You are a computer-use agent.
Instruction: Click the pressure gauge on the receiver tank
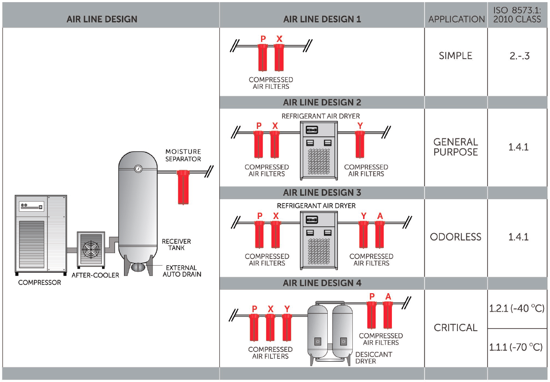pos(138,169)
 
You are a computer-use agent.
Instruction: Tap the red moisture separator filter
pos(183,187)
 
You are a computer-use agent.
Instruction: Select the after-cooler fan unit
pos(90,250)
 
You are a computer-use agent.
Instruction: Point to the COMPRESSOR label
pos(40,283)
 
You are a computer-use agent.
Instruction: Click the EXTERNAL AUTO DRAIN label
pos(182,271)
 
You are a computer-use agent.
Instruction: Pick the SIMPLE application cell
pos(456,56)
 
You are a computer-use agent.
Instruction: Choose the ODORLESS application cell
pos(456,237)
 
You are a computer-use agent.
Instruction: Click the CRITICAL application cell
pos(456,328)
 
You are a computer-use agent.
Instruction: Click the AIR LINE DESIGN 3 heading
pos(322,192)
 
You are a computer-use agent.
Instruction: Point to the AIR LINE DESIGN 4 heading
pos(322,283)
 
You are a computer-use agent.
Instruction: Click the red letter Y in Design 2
pos(360,125)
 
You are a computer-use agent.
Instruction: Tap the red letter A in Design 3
pos(380,216)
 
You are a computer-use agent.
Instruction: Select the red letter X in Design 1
pos(279,39)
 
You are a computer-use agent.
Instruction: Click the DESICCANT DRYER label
pos(374,358)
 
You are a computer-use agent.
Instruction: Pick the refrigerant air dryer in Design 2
pos(319,150)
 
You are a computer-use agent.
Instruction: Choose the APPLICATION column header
pos(456,19)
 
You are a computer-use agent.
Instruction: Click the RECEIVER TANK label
pos(176,244)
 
